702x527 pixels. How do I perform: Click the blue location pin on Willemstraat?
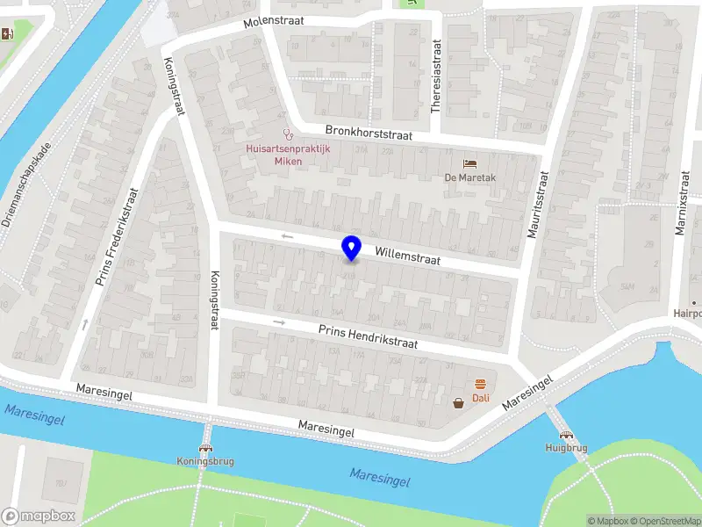[351, 249]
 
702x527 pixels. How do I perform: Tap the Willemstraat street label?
[407, 256]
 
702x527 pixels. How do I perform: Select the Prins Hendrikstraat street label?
[368, 334]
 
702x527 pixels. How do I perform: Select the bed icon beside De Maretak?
[470, 164]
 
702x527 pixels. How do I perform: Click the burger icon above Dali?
[480, 384]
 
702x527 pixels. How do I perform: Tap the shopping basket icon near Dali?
[458, 403]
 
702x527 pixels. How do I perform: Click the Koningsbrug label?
[204, 460]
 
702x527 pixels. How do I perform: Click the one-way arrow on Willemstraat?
[287, 236]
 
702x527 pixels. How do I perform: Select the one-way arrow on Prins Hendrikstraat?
[281, 322]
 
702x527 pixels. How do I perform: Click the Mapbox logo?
[38, 516]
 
